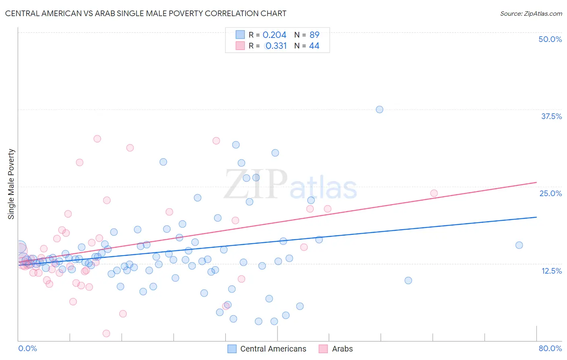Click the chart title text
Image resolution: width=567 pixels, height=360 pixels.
(146, 13)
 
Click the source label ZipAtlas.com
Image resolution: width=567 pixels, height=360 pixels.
(531, 13)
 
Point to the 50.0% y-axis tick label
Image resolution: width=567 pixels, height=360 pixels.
(550, 39)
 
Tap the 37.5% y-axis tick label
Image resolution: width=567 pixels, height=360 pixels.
(551, 116)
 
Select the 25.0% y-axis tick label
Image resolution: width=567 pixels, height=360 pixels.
(550, 193)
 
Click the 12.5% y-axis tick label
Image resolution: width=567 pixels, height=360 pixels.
(551, 271)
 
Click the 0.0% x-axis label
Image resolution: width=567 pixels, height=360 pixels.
(27, 348)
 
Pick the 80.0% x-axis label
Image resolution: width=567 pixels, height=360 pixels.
(550, 348)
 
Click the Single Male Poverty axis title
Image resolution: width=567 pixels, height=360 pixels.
(11, 184)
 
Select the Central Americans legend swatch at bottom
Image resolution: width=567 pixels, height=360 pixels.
(232, 349)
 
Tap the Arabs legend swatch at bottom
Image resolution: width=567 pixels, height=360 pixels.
(323, 349)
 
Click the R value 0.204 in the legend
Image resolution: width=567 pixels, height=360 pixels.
(274, 35)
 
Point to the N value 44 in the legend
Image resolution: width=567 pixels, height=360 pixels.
(314, 46)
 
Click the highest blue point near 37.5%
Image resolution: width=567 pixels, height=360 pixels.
(379, 109)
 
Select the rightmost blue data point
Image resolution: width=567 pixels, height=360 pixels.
(519, 245)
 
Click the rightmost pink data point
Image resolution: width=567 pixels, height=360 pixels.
(434, 193)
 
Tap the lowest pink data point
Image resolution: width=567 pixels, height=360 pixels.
(106, 333)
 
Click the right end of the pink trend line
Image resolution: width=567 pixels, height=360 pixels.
(536, 182)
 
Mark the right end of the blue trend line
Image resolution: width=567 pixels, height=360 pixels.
(536, 217)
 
